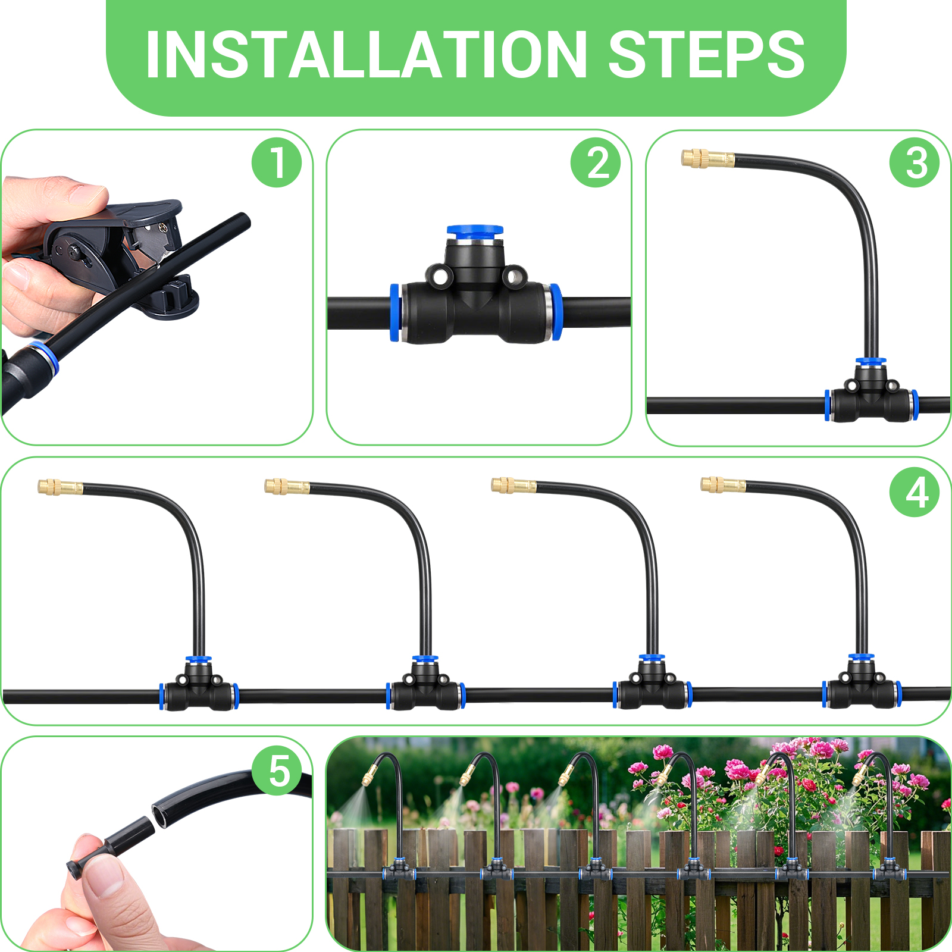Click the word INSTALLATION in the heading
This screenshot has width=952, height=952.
pyautogui.click(x=366, y=55)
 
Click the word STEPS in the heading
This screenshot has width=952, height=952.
pyautogui.click(x=706, y=55)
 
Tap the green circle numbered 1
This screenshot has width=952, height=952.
pyautogui.click(x=277, y=162)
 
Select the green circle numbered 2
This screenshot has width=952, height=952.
pyautogui.click(x=596, y=162)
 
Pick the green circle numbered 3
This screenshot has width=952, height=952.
pyautogui.click(x=915, y=162)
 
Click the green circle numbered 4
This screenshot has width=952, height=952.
pyautogui.click(x=915, y=492)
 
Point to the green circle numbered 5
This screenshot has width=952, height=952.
pyautogui.click(x=277, y=771)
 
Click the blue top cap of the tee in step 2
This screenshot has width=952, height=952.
pyautogui.click(x=475, y=230)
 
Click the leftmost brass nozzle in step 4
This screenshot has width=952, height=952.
pyautogui.click(x=59, y=487)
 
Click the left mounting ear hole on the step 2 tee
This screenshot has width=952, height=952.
pyautogui.click(x=440, y=277)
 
